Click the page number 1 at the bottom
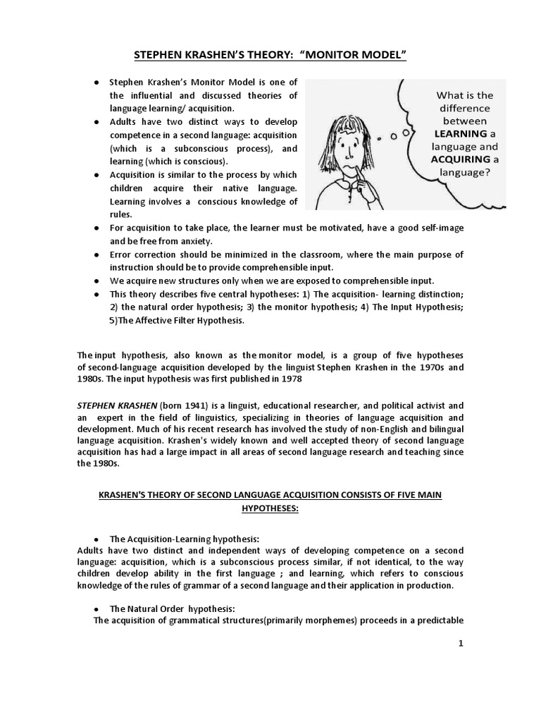(461, 643)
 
